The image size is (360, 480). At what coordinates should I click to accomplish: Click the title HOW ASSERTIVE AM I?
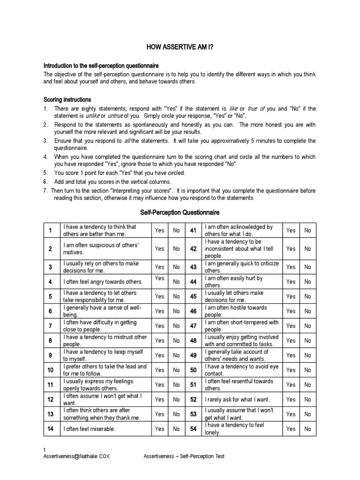[x=180, y=47]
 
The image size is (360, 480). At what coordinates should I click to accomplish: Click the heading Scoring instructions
[x=67, y=100]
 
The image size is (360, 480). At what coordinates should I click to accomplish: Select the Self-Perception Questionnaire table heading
[x=180, y=212]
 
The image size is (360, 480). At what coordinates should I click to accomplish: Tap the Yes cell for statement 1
[x=160, y=231]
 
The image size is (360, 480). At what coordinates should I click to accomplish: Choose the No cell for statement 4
[x=176, y=282]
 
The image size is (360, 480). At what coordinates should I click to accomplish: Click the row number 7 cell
[x=50, y=326]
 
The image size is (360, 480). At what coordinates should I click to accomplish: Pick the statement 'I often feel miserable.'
[x=89, y=429]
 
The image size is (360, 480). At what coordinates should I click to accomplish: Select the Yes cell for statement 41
[x=291, y=231]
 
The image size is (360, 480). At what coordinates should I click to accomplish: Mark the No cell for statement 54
[x=307, y=429]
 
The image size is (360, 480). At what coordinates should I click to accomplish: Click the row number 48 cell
[x=193, y=341]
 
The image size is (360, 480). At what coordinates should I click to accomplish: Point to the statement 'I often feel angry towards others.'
[x=103, y=282]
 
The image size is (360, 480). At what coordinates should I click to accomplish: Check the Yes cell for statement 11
[x=160, y=385]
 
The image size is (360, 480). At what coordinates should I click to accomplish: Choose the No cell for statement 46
[x=307, y=311]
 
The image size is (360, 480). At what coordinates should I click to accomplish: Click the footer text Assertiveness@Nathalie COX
[x=77, y=457]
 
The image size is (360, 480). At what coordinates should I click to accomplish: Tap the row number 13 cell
[x=50, y=414]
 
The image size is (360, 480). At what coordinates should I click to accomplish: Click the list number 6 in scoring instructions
[x=45, y=181]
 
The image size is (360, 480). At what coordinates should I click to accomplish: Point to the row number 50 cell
[x=193, y=370]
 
